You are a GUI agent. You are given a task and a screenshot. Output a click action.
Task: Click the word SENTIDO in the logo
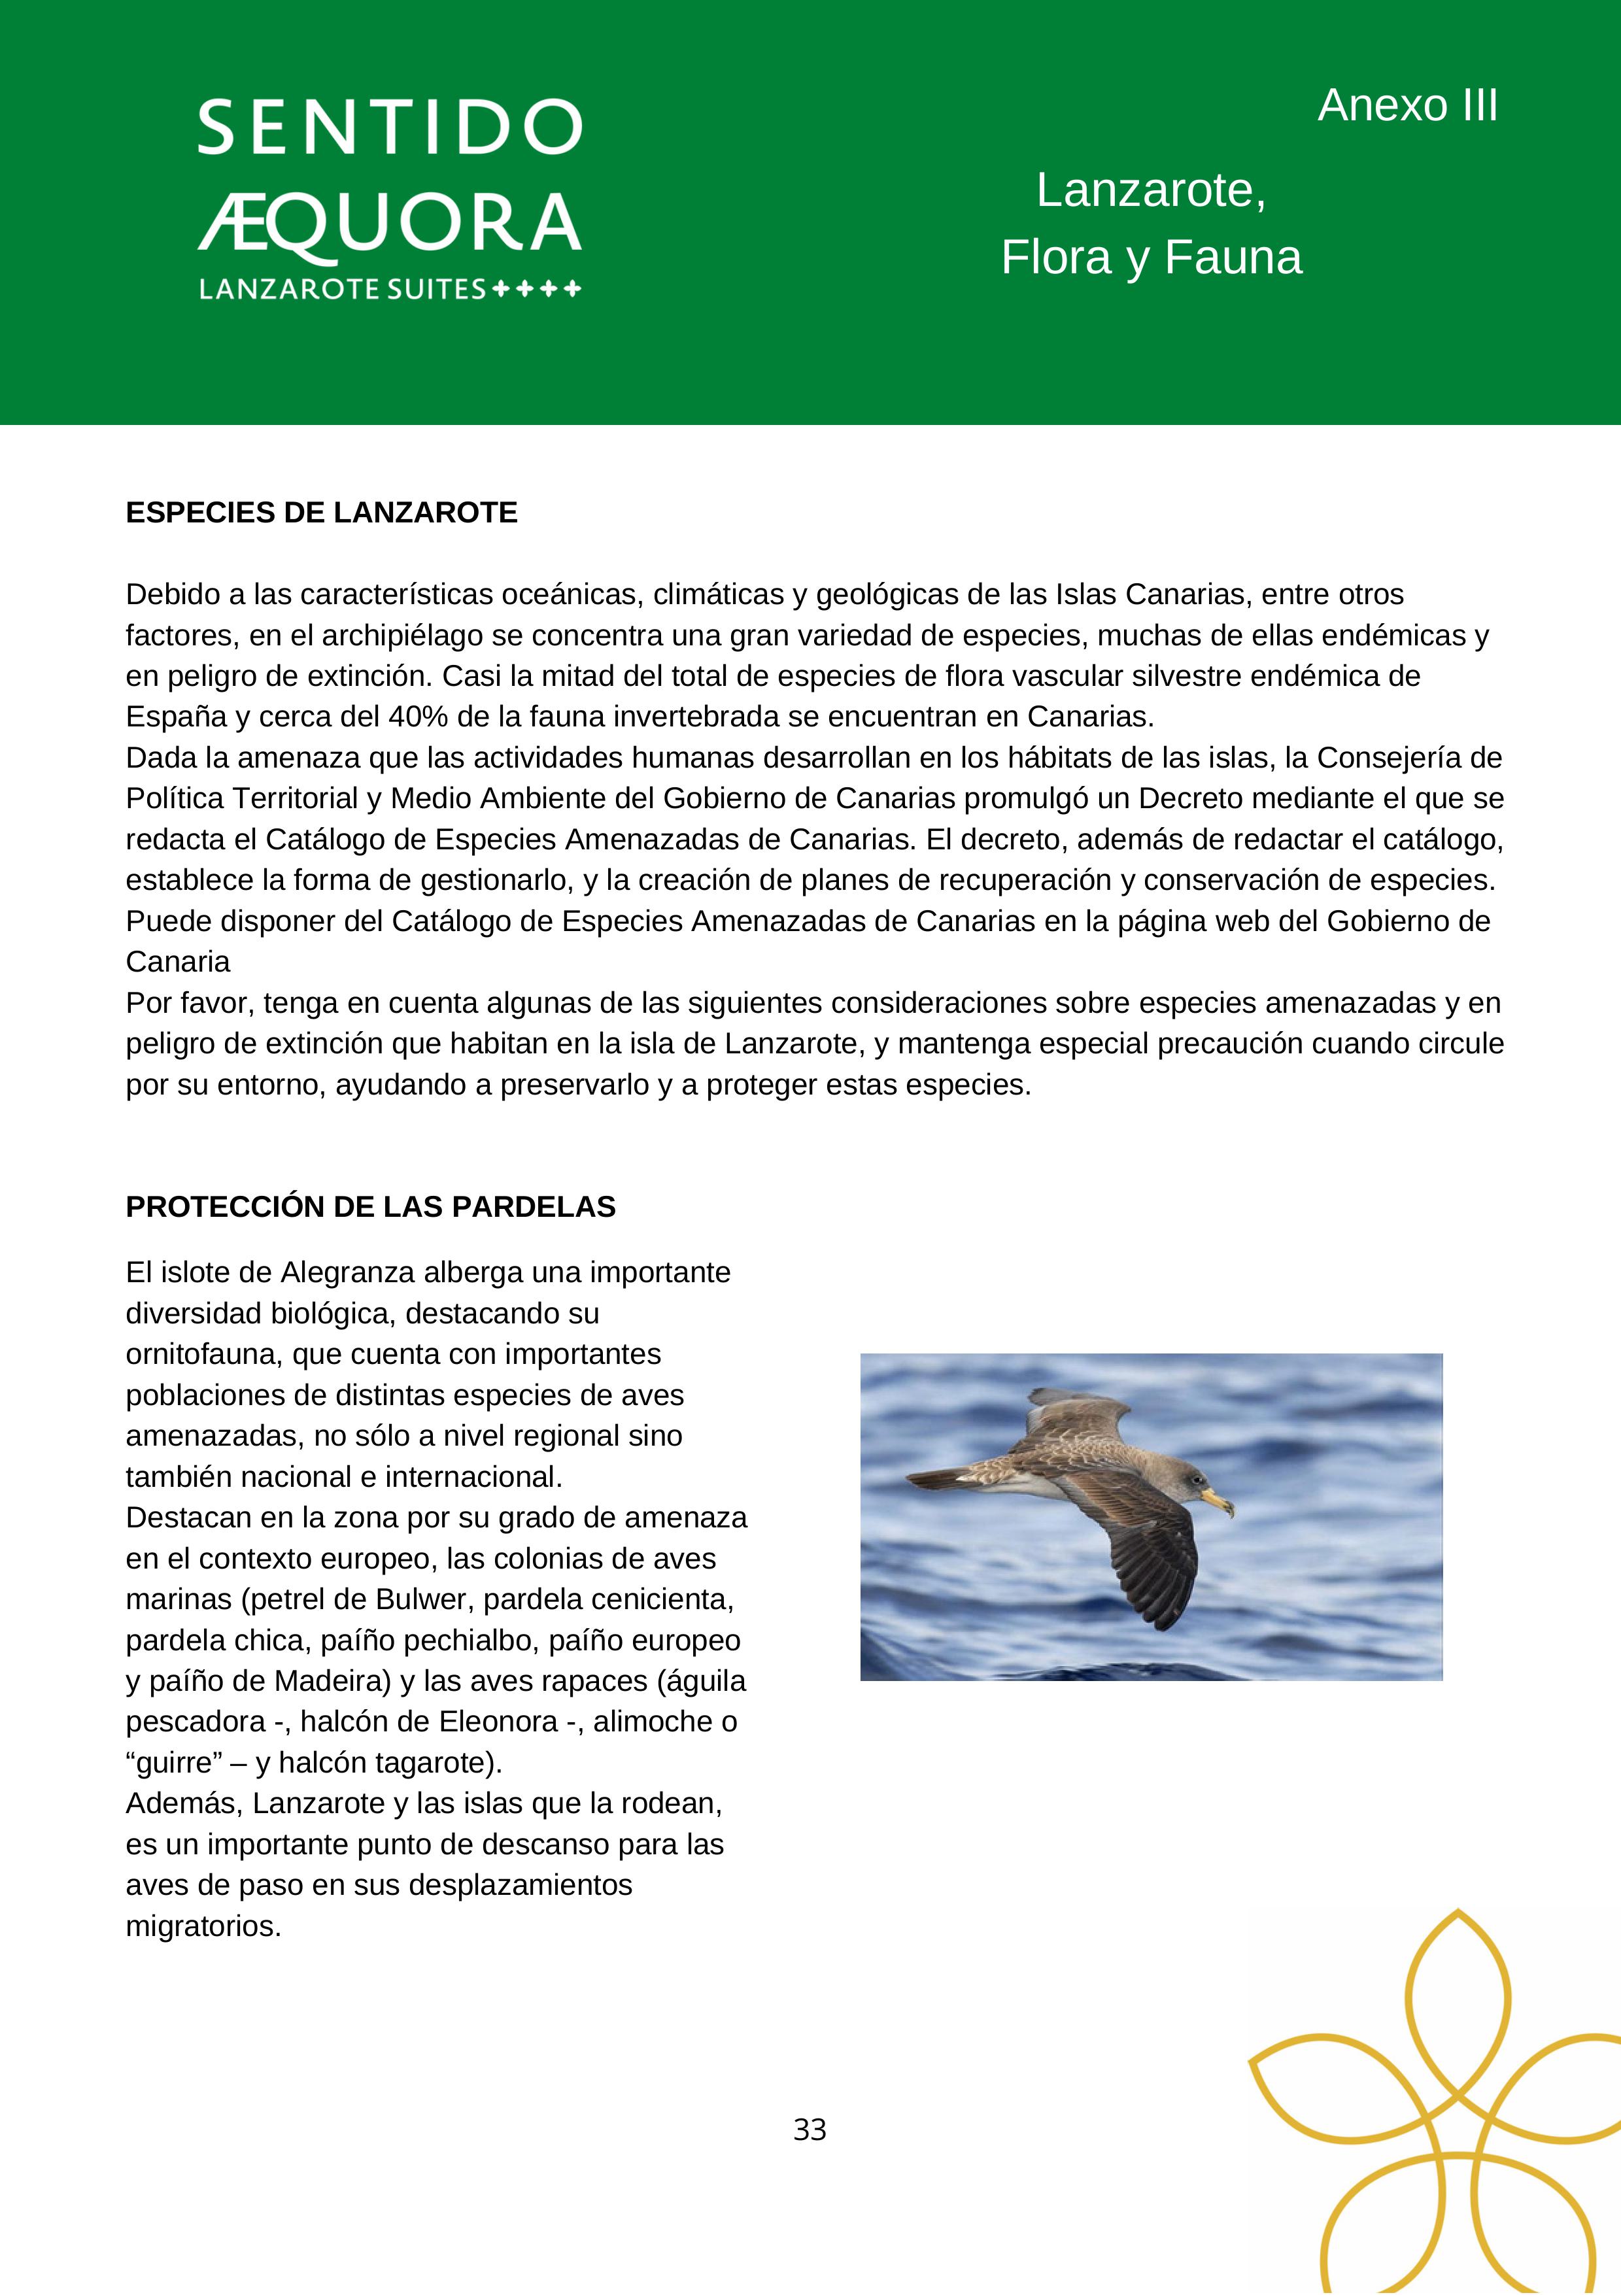[390, 127]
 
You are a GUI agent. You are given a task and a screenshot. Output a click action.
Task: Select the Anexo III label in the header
[1407, 105]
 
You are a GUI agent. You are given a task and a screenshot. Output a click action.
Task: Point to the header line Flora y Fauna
[1152, 257]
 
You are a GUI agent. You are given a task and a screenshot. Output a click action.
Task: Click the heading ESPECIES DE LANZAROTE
[322, 513]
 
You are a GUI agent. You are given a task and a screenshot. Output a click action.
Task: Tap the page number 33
[810, 2130]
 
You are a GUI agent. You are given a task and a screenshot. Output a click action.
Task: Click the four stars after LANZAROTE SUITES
[536, 290]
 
